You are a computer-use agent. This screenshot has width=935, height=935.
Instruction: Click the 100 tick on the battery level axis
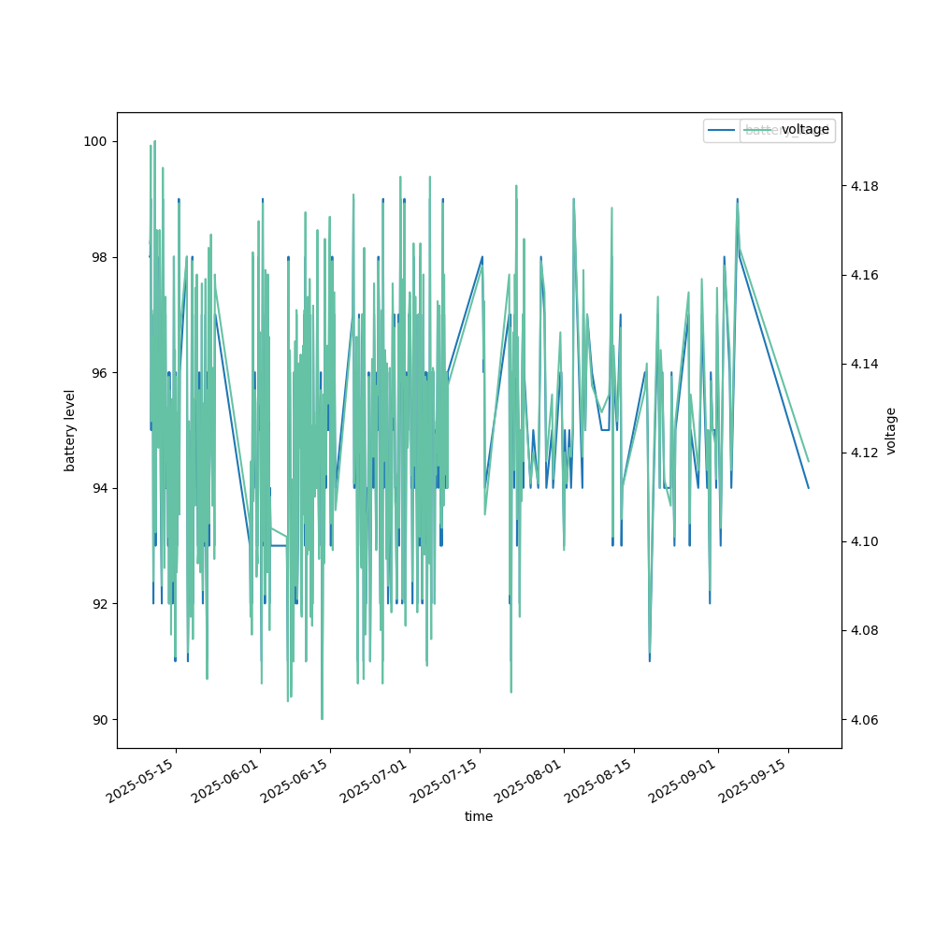pyautogui.click(x=96, y=141)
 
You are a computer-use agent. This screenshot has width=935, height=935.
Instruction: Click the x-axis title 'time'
pyautogui.click(x=479, y=816)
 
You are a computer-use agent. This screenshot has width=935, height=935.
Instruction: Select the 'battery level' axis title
pyautogui.click(x=70, y=430)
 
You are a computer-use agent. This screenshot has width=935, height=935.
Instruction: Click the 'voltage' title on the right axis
pyautogui.click(x=891, y=430)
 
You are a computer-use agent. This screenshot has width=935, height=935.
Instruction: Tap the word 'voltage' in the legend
pyautogui.click(x=805, y=130)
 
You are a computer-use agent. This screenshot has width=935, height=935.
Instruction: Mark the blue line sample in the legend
pyautogui.click(x=722, y=130)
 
